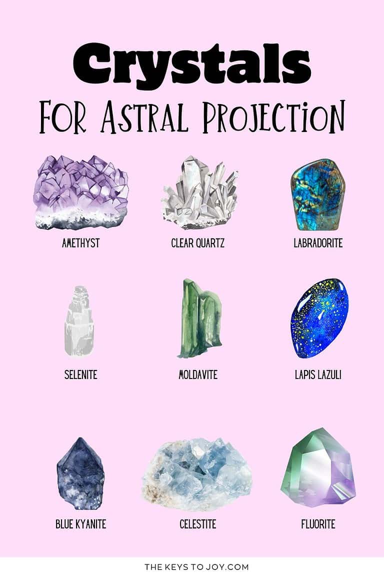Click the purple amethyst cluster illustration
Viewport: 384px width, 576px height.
click(80, 192)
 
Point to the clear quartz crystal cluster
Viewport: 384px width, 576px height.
click(199, 193)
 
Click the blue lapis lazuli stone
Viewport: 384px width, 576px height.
click(318, 318)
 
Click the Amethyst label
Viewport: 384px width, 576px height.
click(80, 243)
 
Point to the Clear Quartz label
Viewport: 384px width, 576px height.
click(198, 243)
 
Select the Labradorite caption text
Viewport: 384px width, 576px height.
click(318, 243)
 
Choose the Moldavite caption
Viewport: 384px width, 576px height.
click(198, 374)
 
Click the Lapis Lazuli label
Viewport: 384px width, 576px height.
click(318, 374)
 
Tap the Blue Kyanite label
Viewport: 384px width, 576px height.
click(80, 524)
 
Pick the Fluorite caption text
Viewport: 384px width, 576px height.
click(318, 524)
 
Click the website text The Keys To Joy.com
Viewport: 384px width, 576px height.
click(196, 567)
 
